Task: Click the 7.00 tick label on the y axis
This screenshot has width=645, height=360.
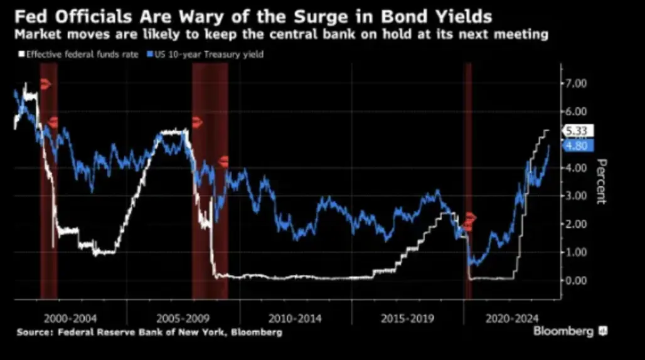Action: click(576, 83)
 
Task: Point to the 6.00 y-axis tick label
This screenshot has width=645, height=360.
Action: click(576, 111)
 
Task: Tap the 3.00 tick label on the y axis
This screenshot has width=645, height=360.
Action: click(576, 196)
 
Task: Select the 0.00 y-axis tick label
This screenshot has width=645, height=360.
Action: click(576, 280)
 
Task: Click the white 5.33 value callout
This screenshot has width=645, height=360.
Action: click(576, 131)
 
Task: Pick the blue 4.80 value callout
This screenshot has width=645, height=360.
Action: click(576, 146)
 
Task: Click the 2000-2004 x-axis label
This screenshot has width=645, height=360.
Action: click(70, 318)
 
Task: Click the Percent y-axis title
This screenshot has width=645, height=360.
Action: click(600, 181)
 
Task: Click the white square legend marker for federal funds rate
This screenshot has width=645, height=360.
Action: click(20, 55)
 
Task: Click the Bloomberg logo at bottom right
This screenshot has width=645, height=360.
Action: click(570, 331)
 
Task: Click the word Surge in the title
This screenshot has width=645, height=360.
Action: click(273, 14)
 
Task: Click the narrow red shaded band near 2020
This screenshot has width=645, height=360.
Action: click(467, 182)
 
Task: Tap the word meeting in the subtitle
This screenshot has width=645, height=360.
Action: click(524, 34)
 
